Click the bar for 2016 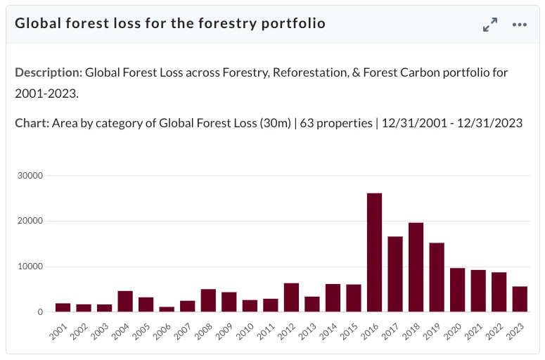click(x=374, y=252)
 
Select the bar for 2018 click(x=416, y=267)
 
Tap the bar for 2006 click(x=167, y=309)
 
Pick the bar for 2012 click(x=291, y=297)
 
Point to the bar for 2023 click(x=520, y=300)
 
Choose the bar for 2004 click(x=125, y=301)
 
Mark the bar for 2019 click(x=437, y=277)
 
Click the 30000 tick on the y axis click(x=30, y=176)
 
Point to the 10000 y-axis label click(x=30, y=266)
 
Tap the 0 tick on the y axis click(x=40, y=312)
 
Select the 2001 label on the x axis click(x=58, y=331)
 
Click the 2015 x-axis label click(x=349, y=331)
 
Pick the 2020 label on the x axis click(x=453, y=331)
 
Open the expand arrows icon click(x=490, y=25)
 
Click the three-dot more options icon click(x=520, y=25)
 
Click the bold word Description click(x=49, y=72)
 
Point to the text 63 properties click(x=336, y=123)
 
